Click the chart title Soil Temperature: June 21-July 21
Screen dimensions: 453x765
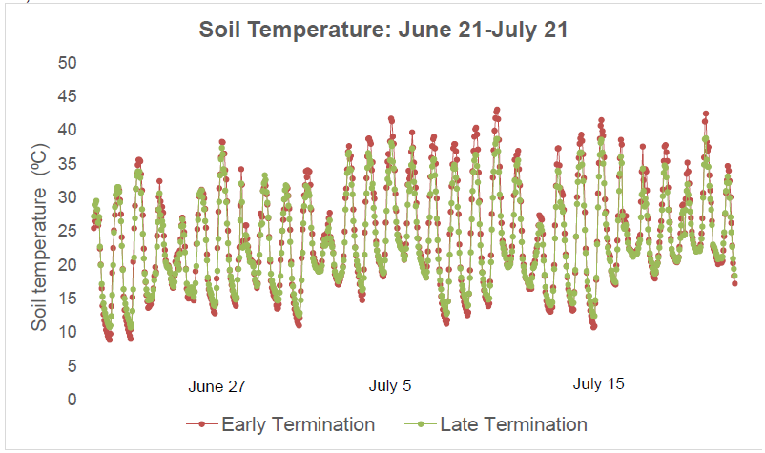tap(383, 30)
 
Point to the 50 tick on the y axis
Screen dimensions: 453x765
tap(67, 63)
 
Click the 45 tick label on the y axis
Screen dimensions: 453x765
tap(67, 96)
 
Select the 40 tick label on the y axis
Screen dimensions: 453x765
tap(67, 130)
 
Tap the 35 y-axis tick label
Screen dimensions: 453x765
tap(67, 164)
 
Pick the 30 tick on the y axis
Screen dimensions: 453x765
tap(67, 197)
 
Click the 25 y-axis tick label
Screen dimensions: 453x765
tap(67, 231)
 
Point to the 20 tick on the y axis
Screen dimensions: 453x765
tap(67, 265)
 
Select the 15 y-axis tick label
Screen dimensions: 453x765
tap(67, 299)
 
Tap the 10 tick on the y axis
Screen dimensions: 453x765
tap(67, 332)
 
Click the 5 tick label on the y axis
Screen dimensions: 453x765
tap(72, 366)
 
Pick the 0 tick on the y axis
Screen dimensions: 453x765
tap(72, 400)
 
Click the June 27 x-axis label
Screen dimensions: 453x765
tap(217, 387)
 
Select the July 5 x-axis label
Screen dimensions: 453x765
tap(390, 386)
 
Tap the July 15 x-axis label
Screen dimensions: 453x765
tap(599, 384)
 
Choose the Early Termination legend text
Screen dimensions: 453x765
tap(298, 424)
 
